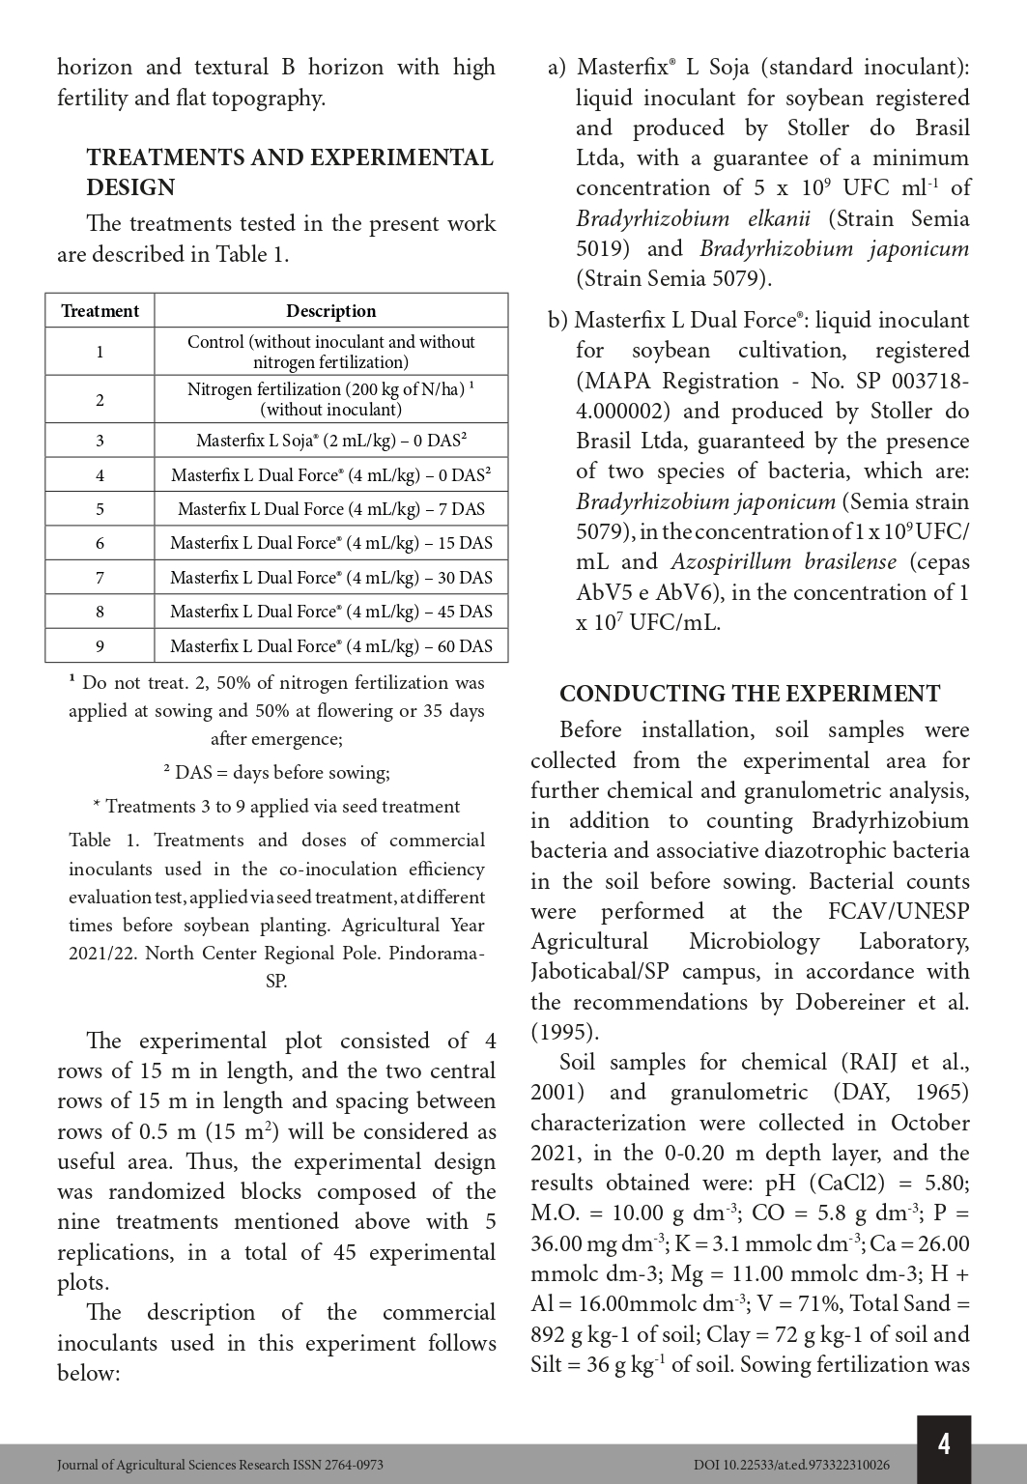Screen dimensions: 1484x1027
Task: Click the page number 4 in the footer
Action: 943,1443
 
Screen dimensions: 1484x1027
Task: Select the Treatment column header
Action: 100,311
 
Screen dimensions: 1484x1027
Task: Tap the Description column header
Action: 330,311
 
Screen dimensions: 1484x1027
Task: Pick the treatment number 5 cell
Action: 100,509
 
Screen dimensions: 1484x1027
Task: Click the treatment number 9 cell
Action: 100,646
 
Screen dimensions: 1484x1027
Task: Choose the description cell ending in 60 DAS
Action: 330,646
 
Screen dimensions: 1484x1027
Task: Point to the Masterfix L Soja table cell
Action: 330,441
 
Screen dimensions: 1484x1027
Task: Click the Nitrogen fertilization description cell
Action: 330,399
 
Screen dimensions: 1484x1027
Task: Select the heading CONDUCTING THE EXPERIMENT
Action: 749,694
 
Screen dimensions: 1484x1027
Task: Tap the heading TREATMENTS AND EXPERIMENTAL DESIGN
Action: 290,172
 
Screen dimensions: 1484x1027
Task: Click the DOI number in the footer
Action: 791,1465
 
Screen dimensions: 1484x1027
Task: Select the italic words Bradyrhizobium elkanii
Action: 693,218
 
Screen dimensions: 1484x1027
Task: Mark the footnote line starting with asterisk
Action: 276,807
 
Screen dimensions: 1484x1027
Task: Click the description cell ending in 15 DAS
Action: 330,543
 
